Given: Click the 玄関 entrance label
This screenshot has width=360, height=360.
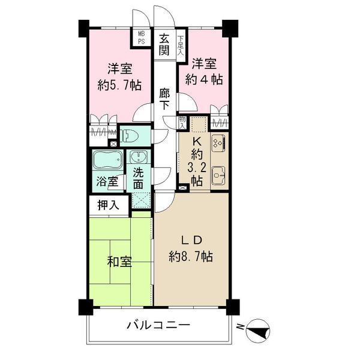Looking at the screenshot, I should tap(164, 45).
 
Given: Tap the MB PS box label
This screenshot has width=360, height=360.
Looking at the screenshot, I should tap(142, 38).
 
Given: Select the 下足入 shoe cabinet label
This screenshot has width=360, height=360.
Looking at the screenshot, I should tap(181, 47).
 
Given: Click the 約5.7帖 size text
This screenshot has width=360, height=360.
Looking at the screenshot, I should tap(119, 85).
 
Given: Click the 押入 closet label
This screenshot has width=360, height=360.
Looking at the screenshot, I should tap(109, 205).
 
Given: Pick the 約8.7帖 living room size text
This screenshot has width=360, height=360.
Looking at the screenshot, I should tap(190, 256).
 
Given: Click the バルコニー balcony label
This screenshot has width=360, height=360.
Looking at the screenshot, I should tap(158, 326).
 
